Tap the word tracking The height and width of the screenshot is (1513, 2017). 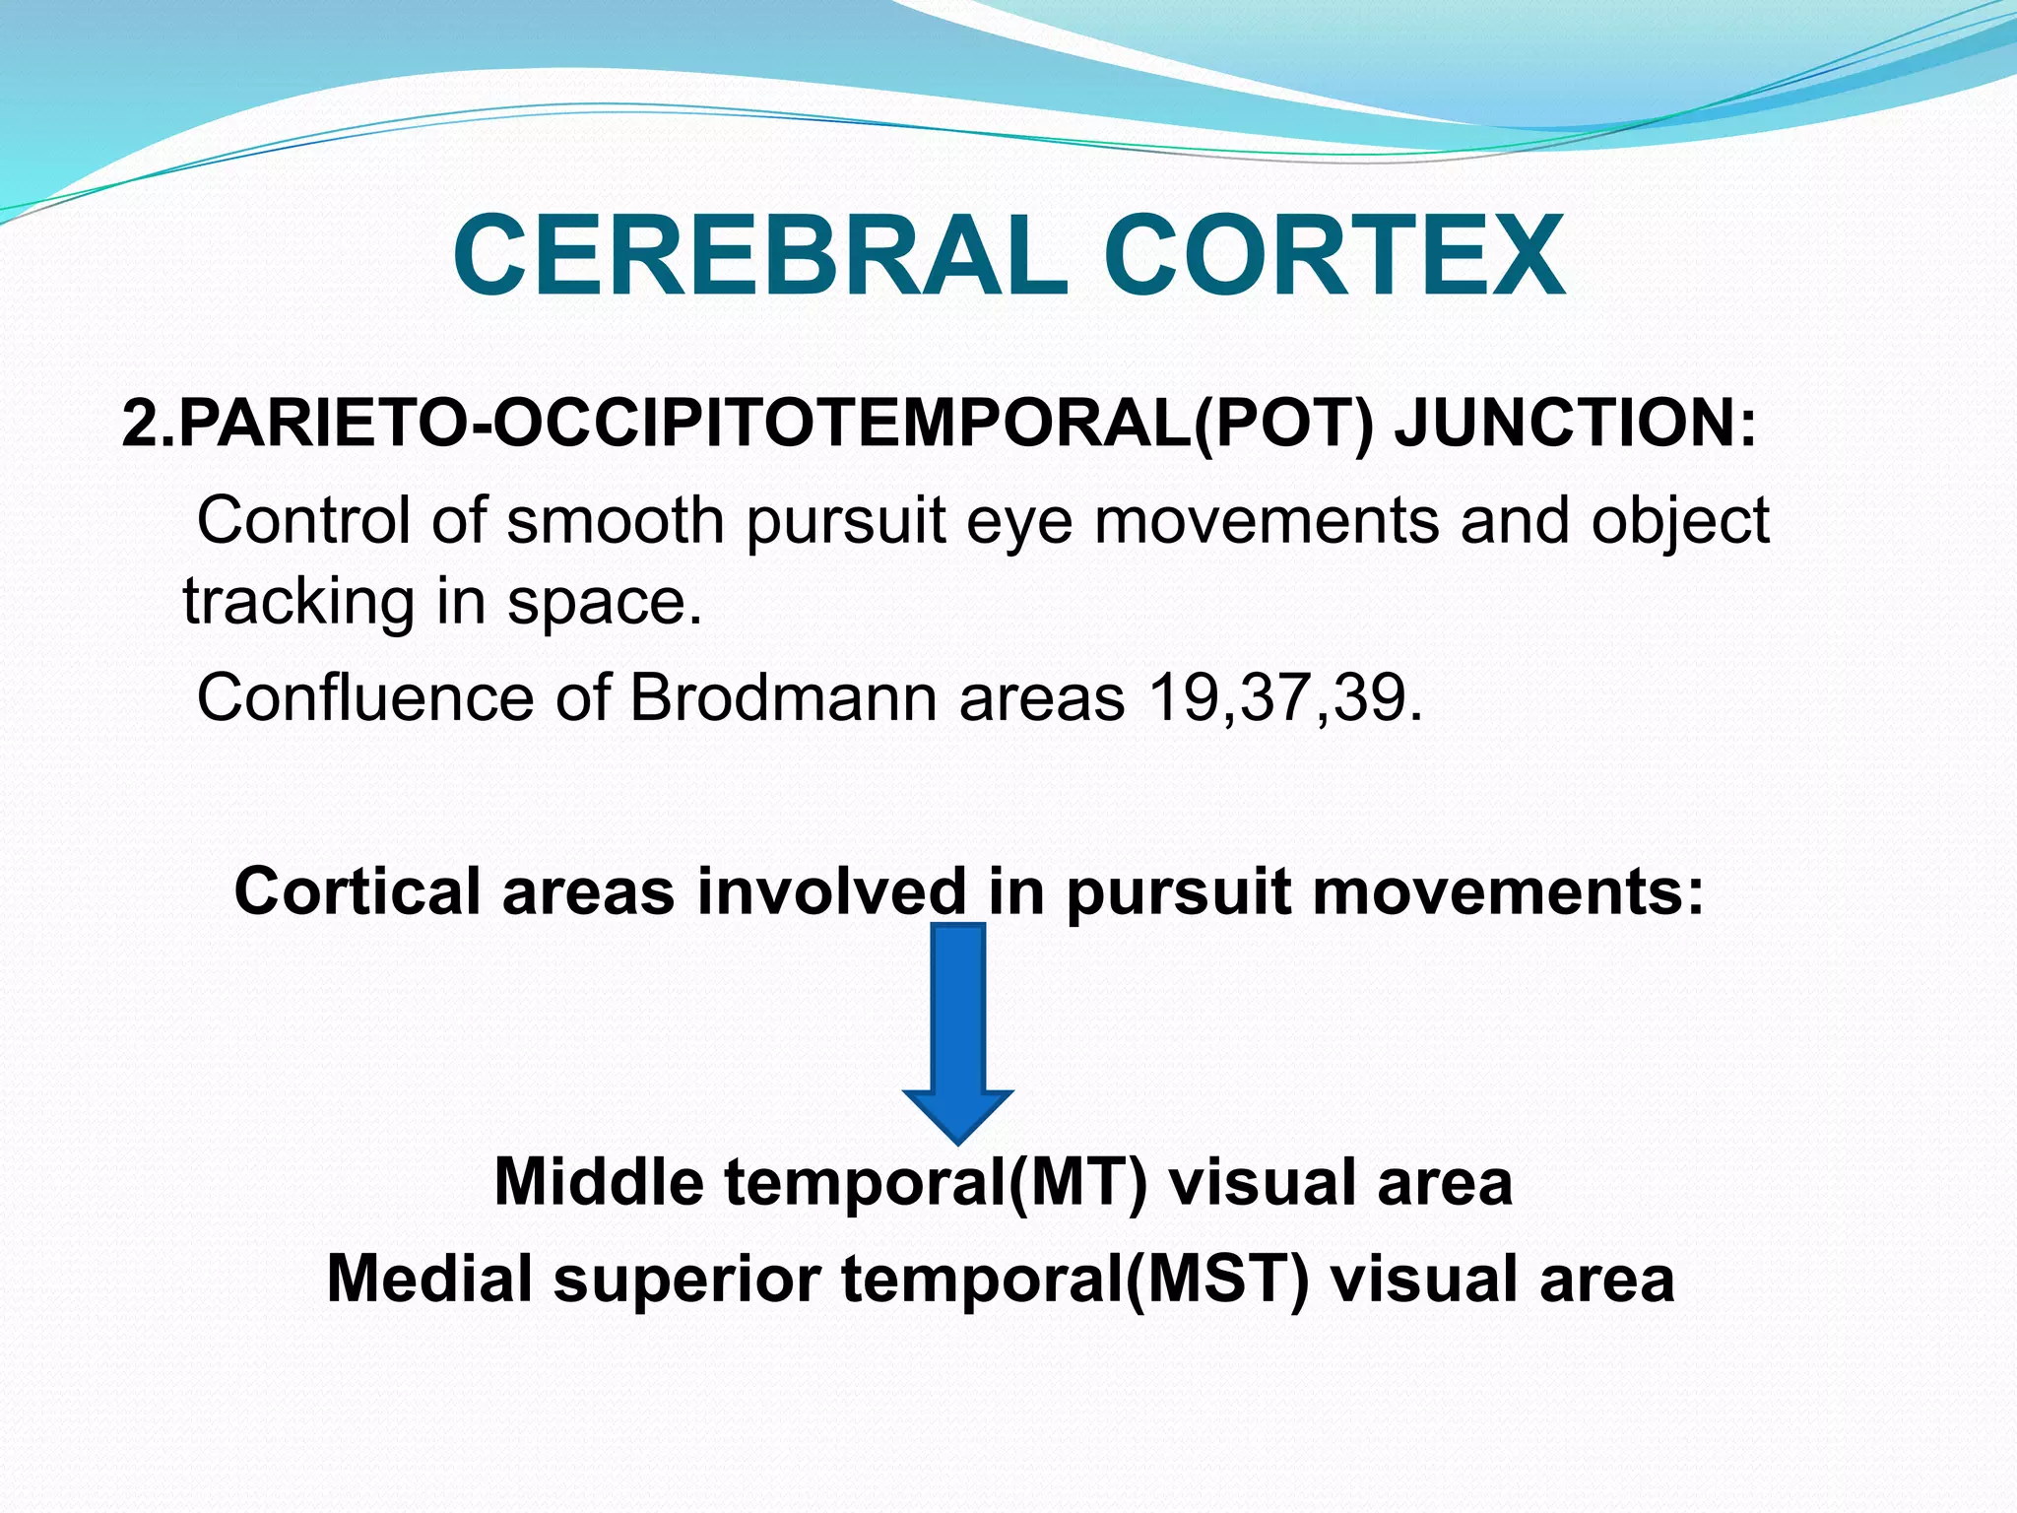pyautogui.click(x=298, y=603)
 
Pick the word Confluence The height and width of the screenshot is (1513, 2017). pyautogui.click(x=365, y=698)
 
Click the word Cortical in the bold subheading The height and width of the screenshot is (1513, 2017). pyautogui.click(x=358, y=891)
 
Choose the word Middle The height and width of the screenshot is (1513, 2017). pyautogui.click(x=598, y=1181)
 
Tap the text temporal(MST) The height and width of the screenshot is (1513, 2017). pyautogui.click(x=1074, y=1280)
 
